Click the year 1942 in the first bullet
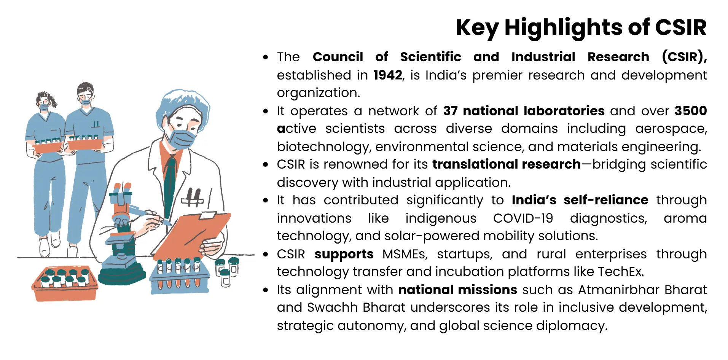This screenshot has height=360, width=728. pyautogui.click(x=387, y=75)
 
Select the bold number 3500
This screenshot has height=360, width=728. pyautogui.click(x=690, y=111)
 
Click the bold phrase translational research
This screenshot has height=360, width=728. pyautogui.click(x=506, y=164)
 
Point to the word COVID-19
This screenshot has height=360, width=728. pyautogui.click(x=523, y=218)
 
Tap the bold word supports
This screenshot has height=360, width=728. pyautogui.click(x=344, y=254)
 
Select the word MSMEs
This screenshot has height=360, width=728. pyautogui.click(x=405, y=254)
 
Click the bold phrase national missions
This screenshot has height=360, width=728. pyautogui.click(x=457, y=290)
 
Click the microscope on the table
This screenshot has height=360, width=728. pyautogui.click(x=122, y=236)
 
